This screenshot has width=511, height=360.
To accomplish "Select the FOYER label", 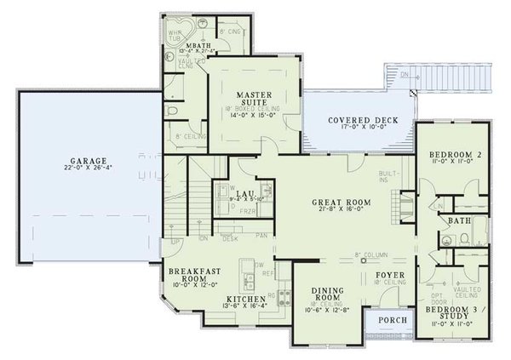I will [390, 276].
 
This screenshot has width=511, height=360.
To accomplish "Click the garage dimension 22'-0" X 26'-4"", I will [89, 169].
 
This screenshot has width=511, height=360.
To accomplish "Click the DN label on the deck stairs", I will [404, 75].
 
